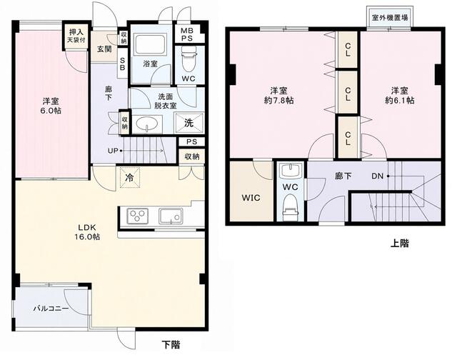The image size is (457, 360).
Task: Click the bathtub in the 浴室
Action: click(x=151, y=44)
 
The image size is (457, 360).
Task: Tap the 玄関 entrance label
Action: click(x=104, y=49)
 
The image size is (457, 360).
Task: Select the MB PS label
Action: click(x=186, y=34)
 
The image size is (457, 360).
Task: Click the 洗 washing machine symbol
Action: click(x=189, y=124)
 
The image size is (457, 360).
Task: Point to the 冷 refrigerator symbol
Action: click(x=130, y=178)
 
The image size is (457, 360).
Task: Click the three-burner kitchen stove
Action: click(x=138, y=216)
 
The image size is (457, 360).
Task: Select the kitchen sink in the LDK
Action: click(x=171, y=216)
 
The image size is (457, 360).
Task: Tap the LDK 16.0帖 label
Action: click(x=87, y=232)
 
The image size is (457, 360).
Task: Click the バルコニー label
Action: click(x=51, y=309)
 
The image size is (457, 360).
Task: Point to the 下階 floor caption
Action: click(x=171, y=345)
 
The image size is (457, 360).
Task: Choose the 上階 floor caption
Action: click(x=400, y=243)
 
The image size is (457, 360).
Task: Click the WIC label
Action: click(x=251, y=198)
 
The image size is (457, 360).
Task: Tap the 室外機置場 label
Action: click(x=390, y=18)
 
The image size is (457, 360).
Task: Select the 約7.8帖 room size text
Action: click(x=279, y=101)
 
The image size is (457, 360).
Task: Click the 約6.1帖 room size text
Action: click(x=400, y=100)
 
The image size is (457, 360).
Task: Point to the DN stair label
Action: click(x=378, y=176)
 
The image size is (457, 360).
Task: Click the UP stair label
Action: click(x=113, y=151)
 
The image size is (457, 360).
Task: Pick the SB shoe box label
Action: click(x=123, y=64)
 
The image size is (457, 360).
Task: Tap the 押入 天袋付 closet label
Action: click(x=76, y=36)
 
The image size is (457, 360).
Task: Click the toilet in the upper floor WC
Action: click(x=291, y=206)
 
